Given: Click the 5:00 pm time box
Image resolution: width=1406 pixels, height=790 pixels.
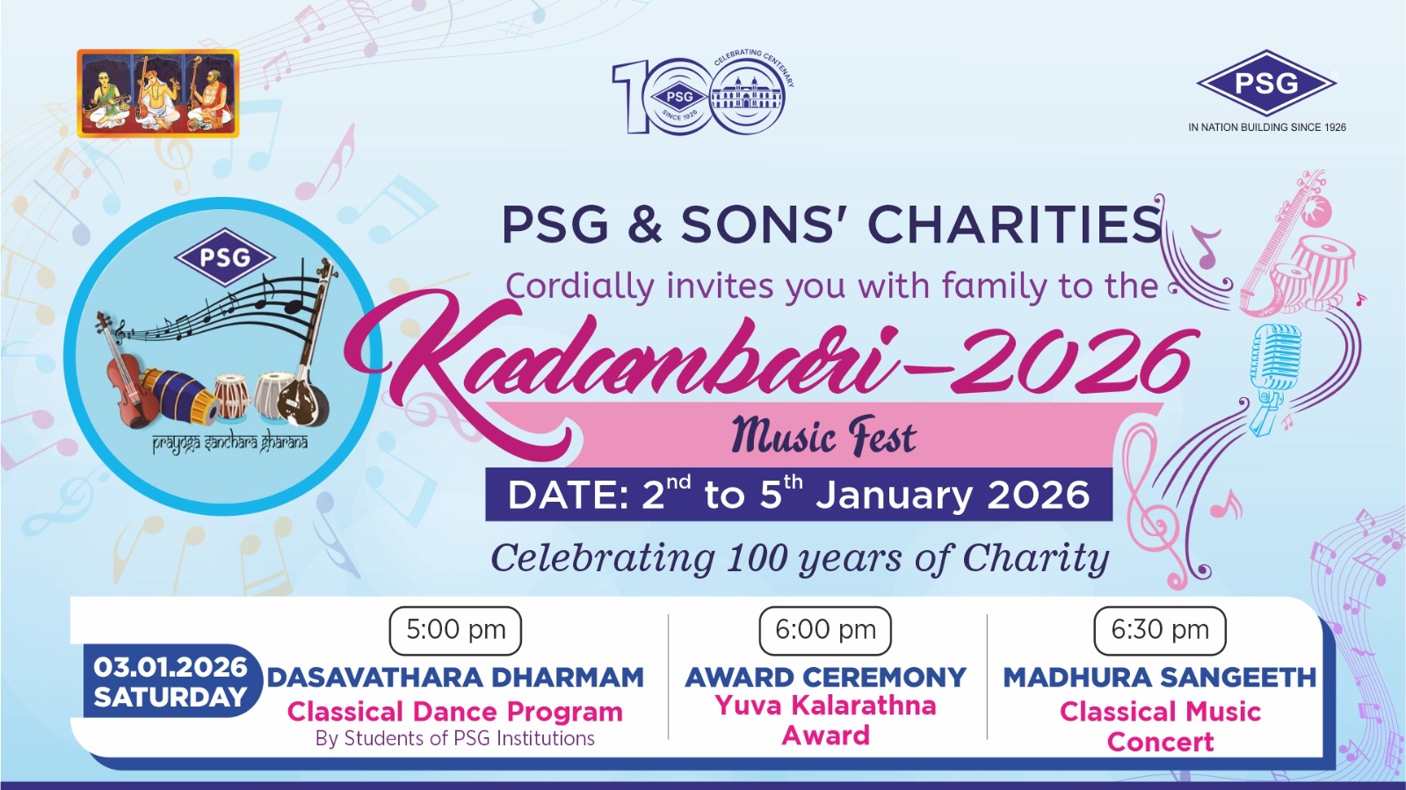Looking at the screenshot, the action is (455, 630).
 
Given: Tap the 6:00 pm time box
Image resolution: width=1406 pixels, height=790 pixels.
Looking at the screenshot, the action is (825, 630).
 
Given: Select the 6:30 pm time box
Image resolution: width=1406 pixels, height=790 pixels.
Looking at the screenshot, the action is (1159, 630).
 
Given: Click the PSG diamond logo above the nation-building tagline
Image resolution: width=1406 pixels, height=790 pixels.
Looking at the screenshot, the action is (1266, 83).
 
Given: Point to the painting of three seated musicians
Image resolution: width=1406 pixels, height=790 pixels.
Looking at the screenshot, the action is (158, 93).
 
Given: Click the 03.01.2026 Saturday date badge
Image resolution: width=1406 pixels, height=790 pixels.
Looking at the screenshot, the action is (170, 681).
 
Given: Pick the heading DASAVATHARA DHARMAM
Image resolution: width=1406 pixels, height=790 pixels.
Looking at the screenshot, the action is (456, 678).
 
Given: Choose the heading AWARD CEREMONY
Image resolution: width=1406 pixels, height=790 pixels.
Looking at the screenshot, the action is (825, 678).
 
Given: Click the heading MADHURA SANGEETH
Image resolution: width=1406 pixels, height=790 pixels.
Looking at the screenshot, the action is (1159, 678).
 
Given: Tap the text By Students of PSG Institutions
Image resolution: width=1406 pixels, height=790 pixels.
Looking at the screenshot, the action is (455, 738).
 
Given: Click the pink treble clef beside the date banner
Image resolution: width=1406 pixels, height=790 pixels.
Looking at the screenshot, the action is (1154, 502).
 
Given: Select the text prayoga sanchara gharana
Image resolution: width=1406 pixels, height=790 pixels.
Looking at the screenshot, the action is (229, 444).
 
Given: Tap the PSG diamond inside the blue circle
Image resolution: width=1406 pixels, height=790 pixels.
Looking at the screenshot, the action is (225, 257).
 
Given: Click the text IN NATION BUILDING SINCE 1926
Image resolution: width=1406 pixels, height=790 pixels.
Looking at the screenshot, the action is (1266, 127).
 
